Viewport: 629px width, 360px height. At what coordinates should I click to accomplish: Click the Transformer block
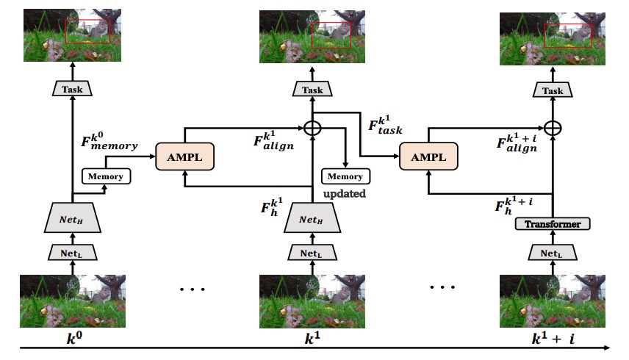coord(552,224)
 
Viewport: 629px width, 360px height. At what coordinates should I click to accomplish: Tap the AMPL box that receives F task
coord(428,156)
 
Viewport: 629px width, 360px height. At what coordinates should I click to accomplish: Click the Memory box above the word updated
coord(345,176)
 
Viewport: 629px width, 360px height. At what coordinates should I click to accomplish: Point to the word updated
coord(346,193)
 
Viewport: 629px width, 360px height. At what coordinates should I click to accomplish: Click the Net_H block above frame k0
coord(73,218)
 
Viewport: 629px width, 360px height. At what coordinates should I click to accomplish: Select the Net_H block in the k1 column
coord(313,218)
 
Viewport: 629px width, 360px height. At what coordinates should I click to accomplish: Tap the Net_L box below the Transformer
coord(552,253)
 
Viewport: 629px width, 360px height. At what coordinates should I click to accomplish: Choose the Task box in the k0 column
coord(73,88)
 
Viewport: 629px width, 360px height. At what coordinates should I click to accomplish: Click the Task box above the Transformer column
coord(552,90)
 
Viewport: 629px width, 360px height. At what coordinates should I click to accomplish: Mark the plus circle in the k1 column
coord(313,127)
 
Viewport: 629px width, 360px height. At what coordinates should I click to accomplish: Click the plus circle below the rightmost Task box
coord(552,127)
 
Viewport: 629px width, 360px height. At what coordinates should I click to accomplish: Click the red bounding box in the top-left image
coord(88,32)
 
